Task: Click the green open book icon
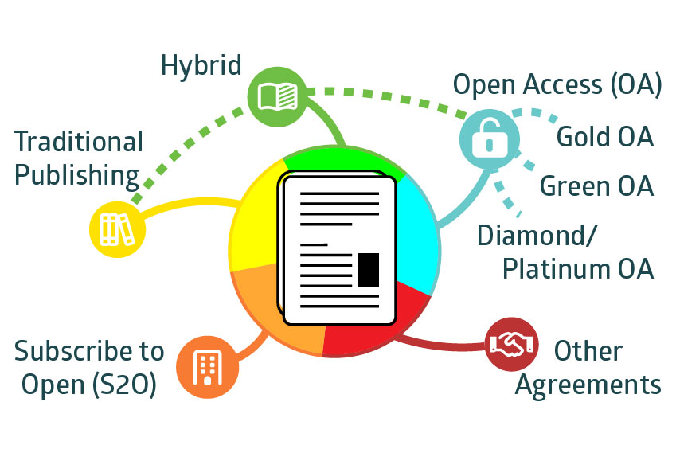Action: pyautogui.click(x=278, y=96)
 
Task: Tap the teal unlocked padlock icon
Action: pyautogui.click(x=490, y=139)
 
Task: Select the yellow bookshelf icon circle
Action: pyautogui.click(x=117, y=229)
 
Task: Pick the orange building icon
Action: pyautogui.click(x=207, y=367)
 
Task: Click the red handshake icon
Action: pyautogui.click(x=512, y=344)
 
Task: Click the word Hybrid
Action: pyautogui.click(x=201, y=66)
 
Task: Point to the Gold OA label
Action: pyautogui.click(x=605, y=137)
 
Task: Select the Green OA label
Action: pyautogui.click(x=596, y=186)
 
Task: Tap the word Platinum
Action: pyautogui.click(x=557, y=268)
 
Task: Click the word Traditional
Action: pyautogui.click(x=79, y=142)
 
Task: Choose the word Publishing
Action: pyautogui.click(x=76, y=176)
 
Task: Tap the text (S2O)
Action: pyautogui.click(x=124, y=385)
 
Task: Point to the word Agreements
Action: pyautogui.click(x=588, y=385)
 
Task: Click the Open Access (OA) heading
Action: pyautogui.click(x=557, y=84)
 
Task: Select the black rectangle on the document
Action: pyautogui.click(x=368, y=270)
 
